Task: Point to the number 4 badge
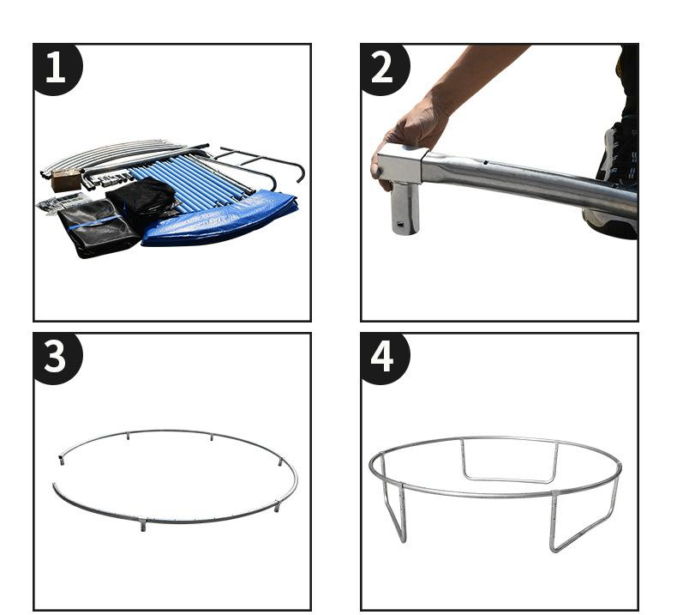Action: coord(384,358)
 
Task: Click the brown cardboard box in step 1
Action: coord(66,180)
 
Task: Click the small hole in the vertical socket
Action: coord(400,224)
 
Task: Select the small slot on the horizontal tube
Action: coord(486,163)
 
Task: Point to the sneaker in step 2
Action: coord(615,182)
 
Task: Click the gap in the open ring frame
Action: coord(57,469)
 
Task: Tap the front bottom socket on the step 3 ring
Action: coord(143,526)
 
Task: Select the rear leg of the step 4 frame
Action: coord(510,461)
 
